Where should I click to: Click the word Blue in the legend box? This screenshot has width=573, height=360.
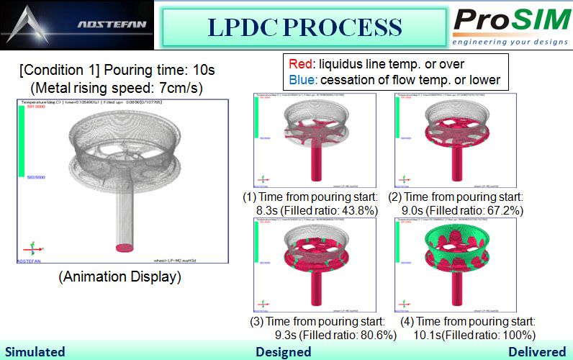(299, 80)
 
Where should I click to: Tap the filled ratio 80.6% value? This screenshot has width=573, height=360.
(353, 335)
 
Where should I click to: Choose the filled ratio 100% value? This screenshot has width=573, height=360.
(513, 335)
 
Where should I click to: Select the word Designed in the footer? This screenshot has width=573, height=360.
(284, 351)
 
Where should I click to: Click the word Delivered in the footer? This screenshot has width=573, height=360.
(536, 351)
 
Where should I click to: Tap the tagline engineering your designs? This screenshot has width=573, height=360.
(511, 42)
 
